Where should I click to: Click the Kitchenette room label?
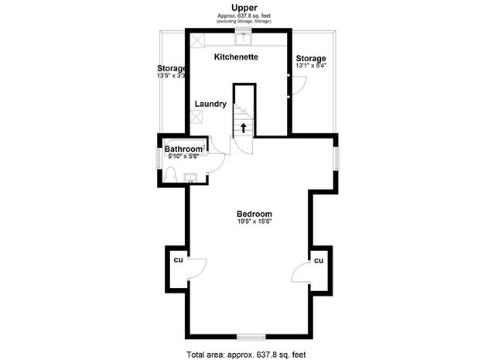coord(236,57)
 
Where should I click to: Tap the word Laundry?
coord(210,104)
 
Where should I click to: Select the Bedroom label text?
coord(254,214)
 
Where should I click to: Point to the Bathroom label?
coord(183,149)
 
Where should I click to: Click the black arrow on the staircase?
coord(245,126)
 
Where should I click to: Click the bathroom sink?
coord(190,179)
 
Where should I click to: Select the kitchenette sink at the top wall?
coord(247,35)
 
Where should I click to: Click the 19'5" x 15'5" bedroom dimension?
coord(254,222)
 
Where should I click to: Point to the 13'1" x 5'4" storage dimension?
coord(311,66)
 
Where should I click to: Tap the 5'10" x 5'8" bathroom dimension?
coord(184,156)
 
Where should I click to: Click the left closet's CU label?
coord(178,259)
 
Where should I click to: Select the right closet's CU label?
coord(318,262)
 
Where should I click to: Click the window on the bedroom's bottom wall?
coord(249,337)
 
